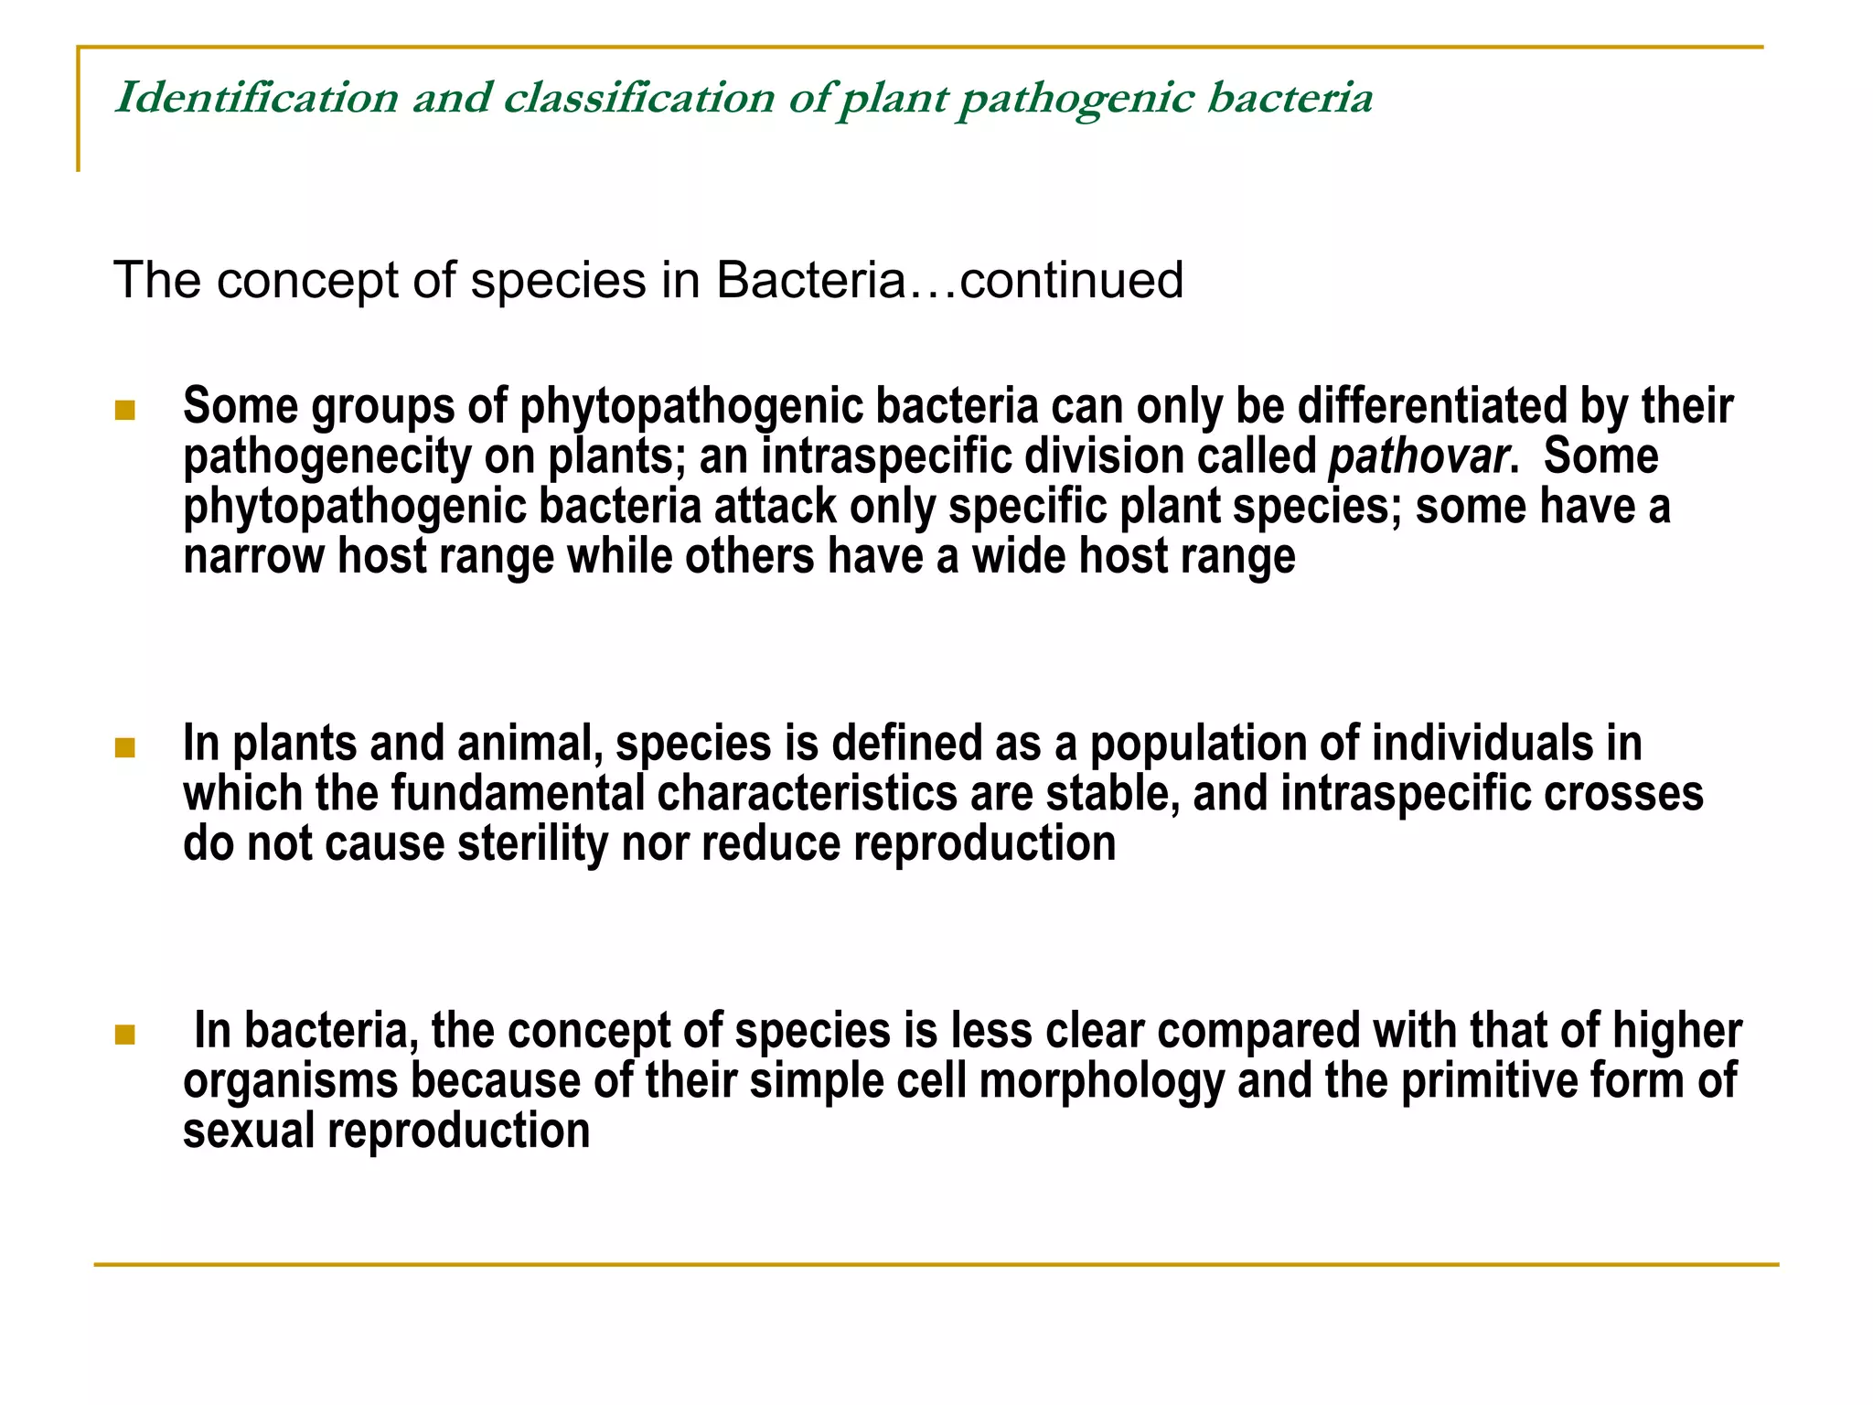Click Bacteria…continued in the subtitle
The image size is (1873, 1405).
click(x=949, y=280)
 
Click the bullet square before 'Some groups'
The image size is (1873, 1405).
click(x=125, y=410)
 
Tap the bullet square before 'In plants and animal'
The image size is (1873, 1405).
click(x=125, y=748)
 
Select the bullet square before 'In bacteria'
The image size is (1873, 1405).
click(x=125, y=1035)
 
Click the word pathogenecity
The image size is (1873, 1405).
click(x=326, y=456)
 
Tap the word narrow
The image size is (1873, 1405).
click(x=253, y=556)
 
